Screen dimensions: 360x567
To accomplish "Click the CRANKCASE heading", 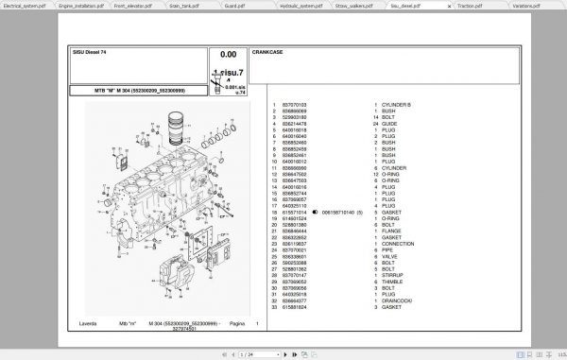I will pyautogui.click(x=269, y=53).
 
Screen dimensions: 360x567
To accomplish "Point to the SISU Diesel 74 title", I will pyautogui.click(x=93, y=53).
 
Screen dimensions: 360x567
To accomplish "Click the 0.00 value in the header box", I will pyautogui.click(x=228, y=55).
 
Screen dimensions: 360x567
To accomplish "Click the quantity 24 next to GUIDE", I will pyautogui.click(x=375, y=124).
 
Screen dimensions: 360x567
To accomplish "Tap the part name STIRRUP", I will pyautogui.click(x=393, y=274).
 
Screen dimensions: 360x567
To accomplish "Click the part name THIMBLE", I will pyautogui.click(x=393, y=281).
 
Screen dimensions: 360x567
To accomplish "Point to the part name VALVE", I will pyautogui.click(x=389, y=256).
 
